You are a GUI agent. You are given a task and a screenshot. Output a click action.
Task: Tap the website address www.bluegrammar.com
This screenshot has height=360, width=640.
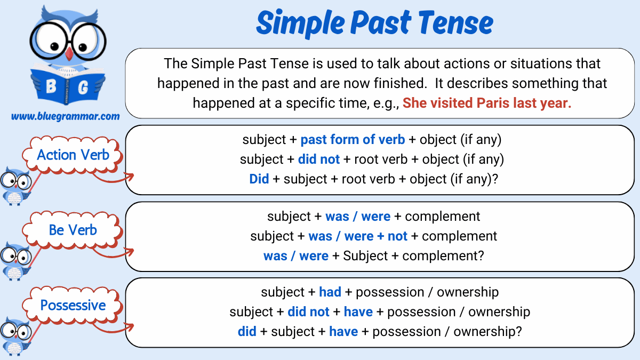tap(65, 116)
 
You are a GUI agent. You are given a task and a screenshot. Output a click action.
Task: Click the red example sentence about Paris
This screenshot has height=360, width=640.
tap(486, 103)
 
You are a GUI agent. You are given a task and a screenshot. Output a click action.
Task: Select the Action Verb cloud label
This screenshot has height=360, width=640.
tap(73, 155)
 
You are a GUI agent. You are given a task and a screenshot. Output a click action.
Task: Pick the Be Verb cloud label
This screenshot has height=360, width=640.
tap(73, 230)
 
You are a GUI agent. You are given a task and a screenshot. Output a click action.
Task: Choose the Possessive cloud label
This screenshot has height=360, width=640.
tap(73, 306)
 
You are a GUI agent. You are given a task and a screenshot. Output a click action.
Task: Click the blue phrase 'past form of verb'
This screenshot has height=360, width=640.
tap(353, 140)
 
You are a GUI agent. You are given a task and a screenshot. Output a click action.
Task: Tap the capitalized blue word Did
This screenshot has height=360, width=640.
tap(259, 179)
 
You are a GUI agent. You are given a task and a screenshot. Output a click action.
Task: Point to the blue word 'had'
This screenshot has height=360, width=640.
tap(330, 292)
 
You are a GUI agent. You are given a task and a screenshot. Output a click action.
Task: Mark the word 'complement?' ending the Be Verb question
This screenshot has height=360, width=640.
tap(443, 256)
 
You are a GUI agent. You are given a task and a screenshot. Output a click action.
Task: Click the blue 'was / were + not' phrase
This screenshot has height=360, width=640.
tap(358, 236)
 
